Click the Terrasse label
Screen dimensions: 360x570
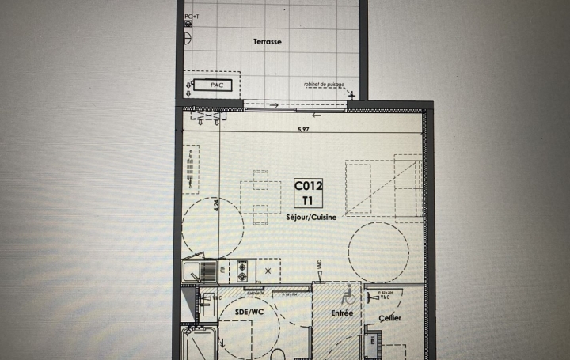pyautogui.click(x=268, y=41)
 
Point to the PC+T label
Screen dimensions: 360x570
pyautogui.click(x=191, y=16)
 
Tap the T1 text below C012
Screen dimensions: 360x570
pyautogui.click(x=308, y=200)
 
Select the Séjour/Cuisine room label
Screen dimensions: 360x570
pyautogui.click(x=305, y=216)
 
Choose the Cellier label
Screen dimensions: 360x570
pyautogui.click(x=389, y=318)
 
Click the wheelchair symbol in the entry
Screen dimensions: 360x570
pyautogui.click(x=348, y=297)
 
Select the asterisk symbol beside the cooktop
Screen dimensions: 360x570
pyautogui.click(x=268, y=271)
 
